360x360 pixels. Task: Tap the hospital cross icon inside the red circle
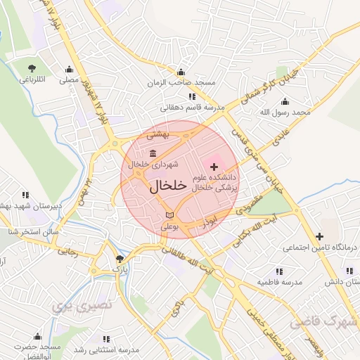tap(214, 167)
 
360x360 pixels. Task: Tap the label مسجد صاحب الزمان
tap(180, 83)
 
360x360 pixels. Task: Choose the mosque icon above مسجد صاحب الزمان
tap(181, 72)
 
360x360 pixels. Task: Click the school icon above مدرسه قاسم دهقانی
tap(191, 96)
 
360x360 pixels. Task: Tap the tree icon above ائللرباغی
tap(32, 68)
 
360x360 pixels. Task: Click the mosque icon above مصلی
tap(69, 69)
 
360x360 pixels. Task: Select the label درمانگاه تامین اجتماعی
tap(320, 247)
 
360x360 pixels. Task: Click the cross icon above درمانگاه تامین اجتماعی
tap(320, 236)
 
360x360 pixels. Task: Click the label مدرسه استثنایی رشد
tap(99, 349)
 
